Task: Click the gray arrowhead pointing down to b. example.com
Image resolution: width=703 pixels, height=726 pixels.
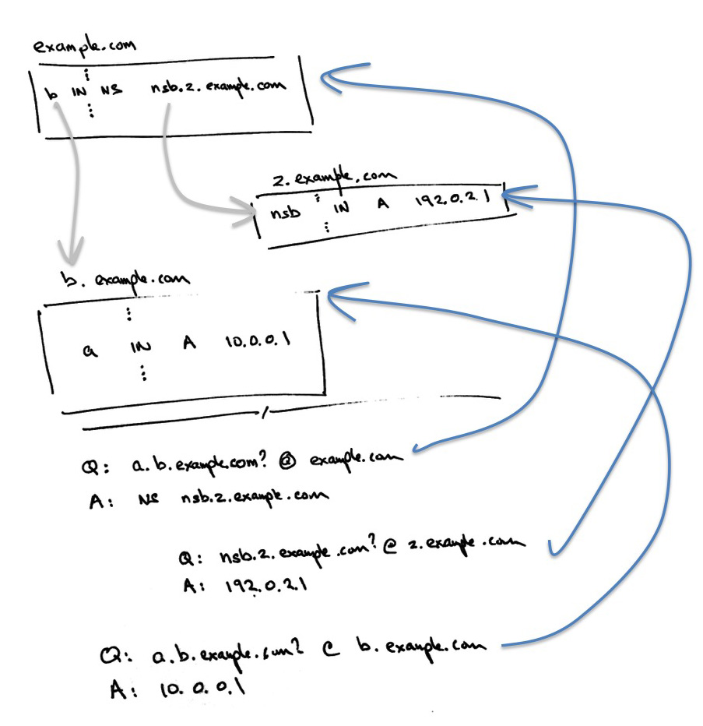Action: tap(71, 254)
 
